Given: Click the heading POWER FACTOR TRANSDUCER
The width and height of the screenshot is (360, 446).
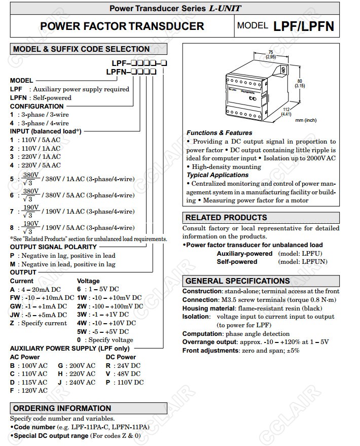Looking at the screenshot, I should pyautogui.click(x=122, y=26).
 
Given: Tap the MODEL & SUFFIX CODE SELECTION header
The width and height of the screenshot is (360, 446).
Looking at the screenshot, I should pyautogui.click(x=81, y=49).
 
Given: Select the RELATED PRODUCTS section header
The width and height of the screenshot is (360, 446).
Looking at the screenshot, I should pyautogui.click(x=226, y=217).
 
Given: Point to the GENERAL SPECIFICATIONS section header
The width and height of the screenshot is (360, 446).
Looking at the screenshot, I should pyautogui.click(x=237, y=281).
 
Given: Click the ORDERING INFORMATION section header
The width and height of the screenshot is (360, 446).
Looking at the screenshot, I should pyautogui.click(x=62, y=408).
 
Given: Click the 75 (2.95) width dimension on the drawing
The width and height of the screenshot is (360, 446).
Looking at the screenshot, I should pyautogui.click(x=271, y=55).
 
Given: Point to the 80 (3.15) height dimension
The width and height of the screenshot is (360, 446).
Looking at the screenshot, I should pyautogui.click(x=300, y=83).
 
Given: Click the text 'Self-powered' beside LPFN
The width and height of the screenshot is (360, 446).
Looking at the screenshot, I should pyautogui.click(x=52, y=97).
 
